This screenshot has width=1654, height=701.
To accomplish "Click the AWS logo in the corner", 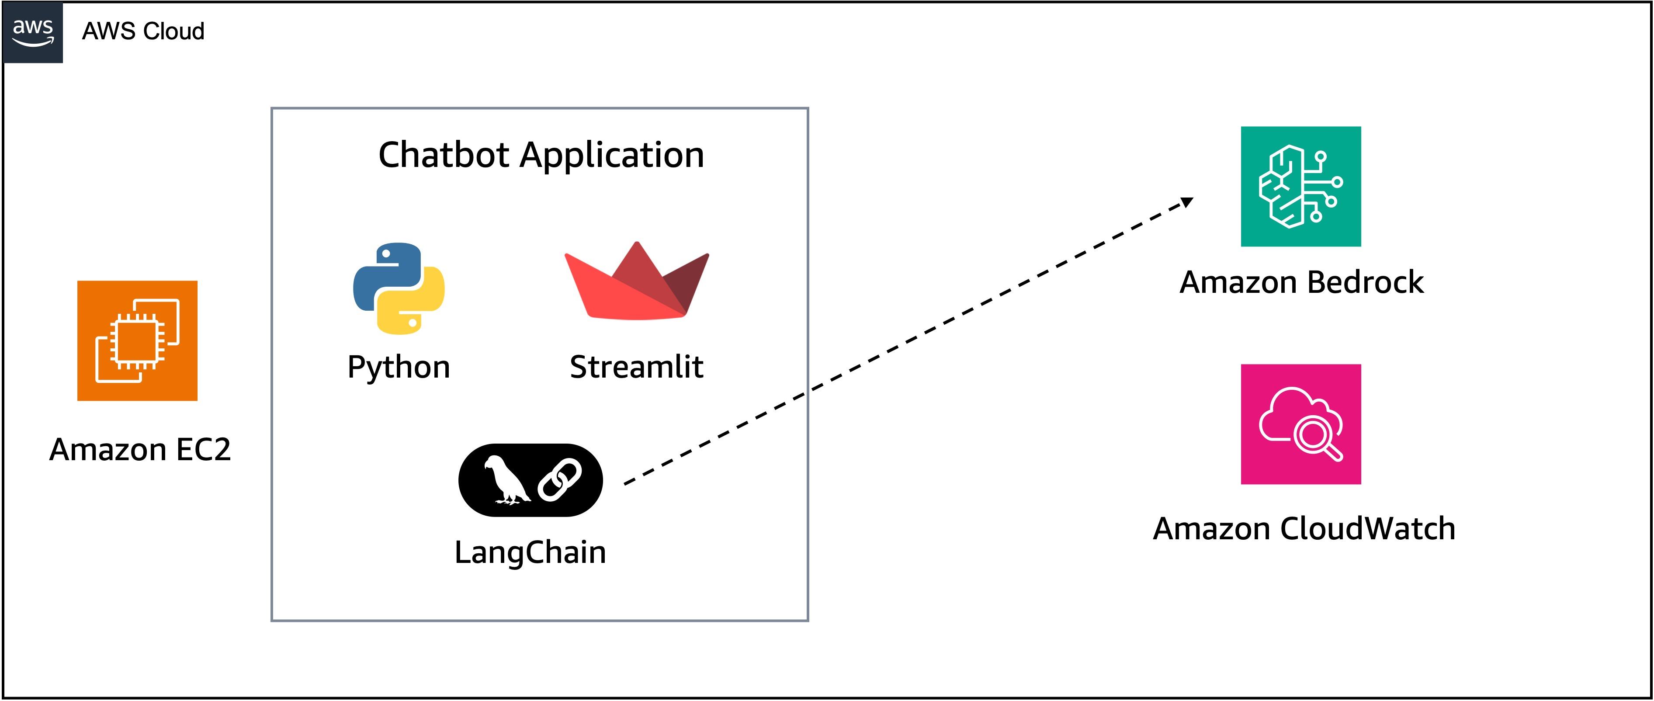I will click(x=33, y=32).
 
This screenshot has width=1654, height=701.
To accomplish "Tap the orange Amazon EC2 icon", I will click(x=137, y=341).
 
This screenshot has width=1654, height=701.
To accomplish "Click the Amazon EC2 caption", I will click(x=140, y=449).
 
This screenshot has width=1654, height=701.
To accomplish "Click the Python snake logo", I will click(x=399, y=288).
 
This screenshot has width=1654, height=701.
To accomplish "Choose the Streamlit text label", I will click(x=636, y=367).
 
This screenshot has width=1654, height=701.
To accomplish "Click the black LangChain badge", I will click(x=531, y=480).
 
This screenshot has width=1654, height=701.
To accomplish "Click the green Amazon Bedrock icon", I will click(x=1301, y=186).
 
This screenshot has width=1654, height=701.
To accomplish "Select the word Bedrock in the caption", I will click(x=1365, y=282).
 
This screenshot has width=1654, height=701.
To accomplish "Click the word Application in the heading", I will click(x=613, y=155).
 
